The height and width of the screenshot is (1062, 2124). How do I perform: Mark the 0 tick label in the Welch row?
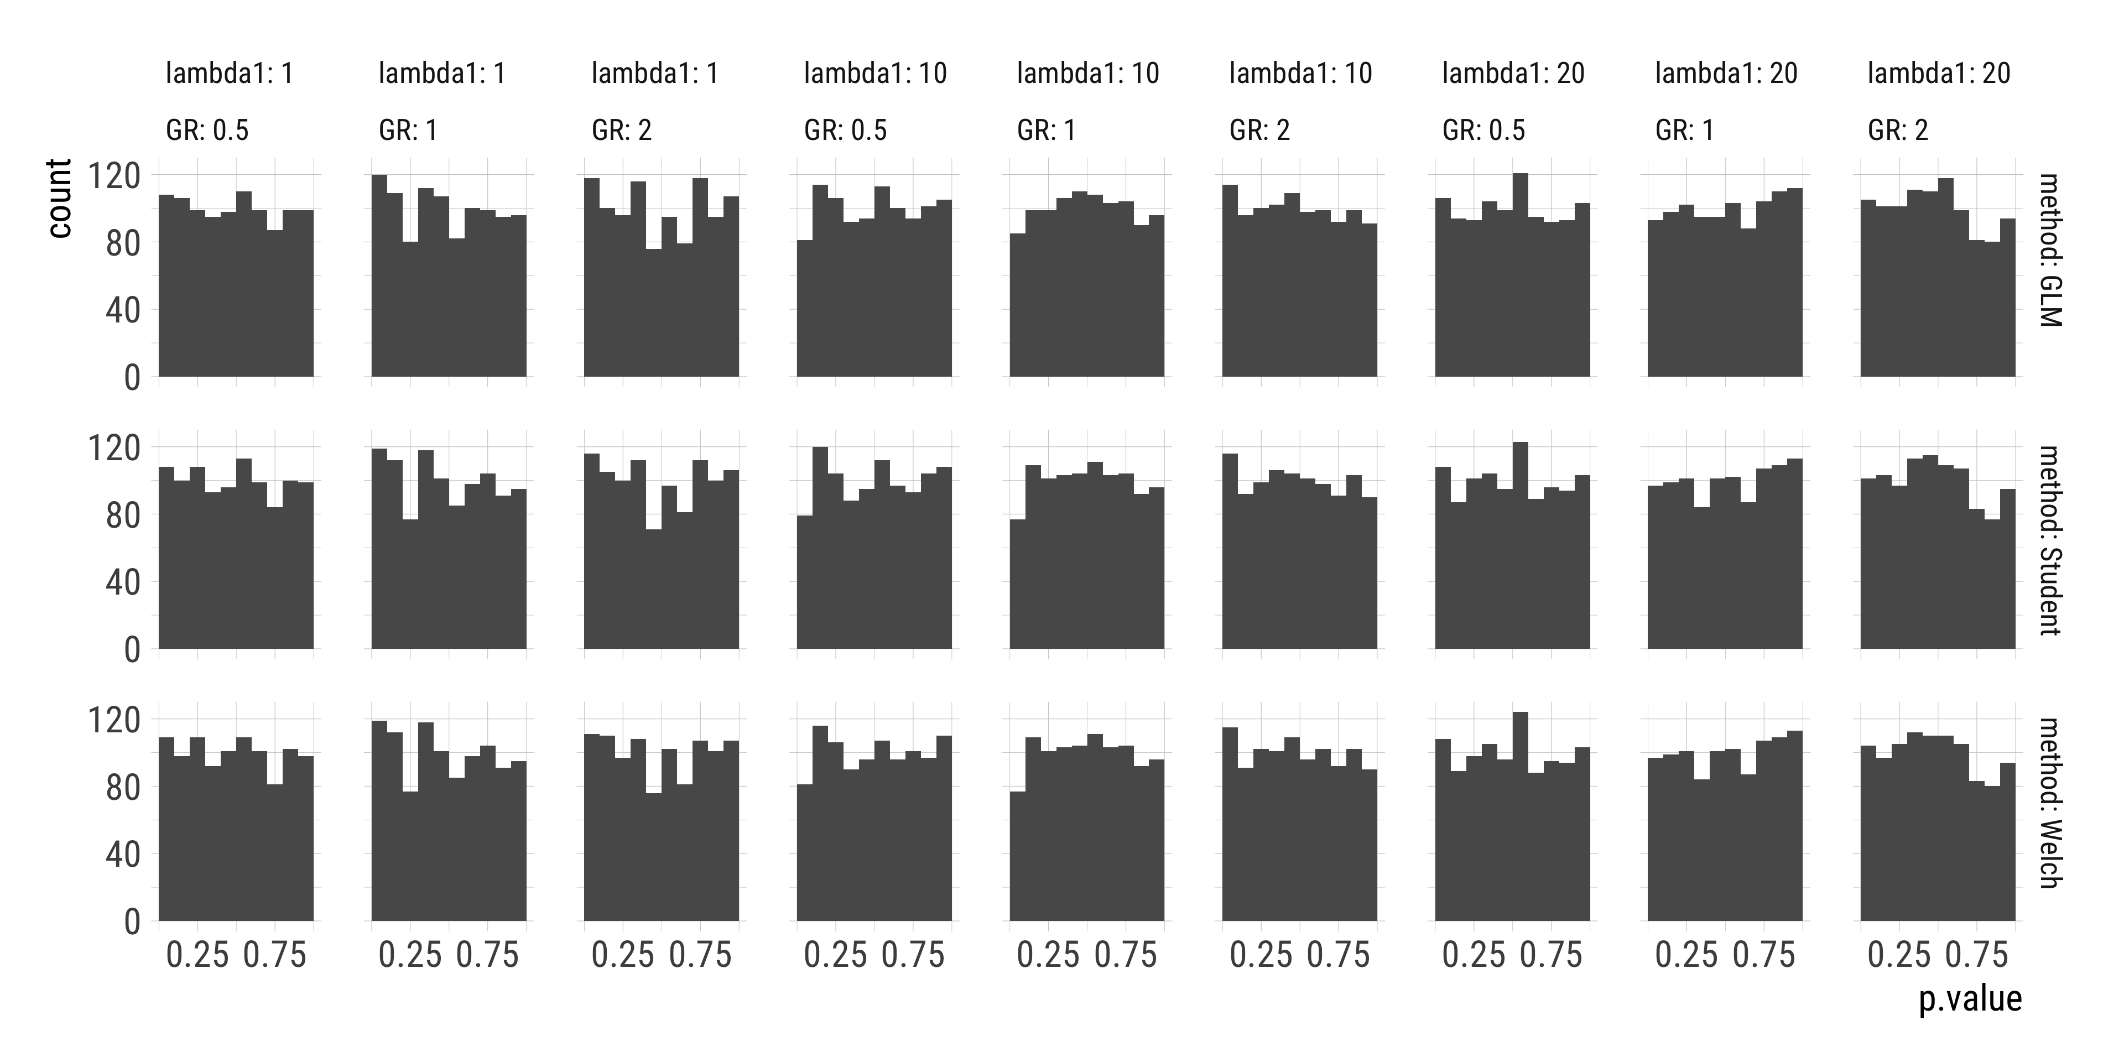[x=132, y=923]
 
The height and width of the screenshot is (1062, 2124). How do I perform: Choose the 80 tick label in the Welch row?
[x=122, y=788]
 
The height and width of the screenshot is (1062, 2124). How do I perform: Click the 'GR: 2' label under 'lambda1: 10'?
[x=1259, y=131]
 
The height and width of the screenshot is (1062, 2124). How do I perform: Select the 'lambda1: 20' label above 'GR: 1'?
[x=1726, y=74]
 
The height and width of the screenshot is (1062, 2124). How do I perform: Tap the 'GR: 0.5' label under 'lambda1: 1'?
[x=207, y=131]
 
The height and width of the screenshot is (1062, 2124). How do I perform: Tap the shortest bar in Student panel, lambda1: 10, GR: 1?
[x=1018, y=585]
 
